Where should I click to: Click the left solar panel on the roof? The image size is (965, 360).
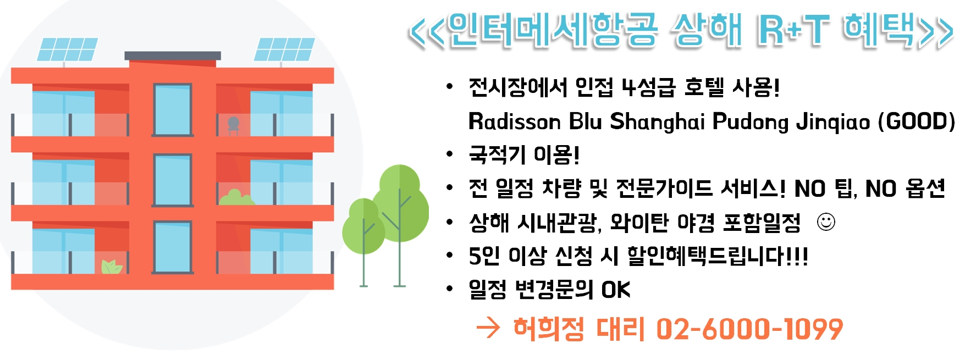click(67, 49)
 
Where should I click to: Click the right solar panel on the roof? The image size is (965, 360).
click(284, 49)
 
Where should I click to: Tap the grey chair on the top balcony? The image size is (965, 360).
click(234, 125)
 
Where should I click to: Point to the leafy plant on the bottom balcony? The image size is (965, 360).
click(112, 267)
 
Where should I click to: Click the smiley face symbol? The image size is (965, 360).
click(826, 222)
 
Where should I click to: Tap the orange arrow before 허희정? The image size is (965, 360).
click(488, 328)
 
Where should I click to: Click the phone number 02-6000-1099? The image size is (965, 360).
click(749, 329)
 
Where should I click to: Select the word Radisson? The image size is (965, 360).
click(514, 121)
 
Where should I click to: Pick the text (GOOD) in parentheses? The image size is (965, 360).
click(917, 121)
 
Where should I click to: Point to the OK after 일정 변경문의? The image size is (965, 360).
click(615, 290)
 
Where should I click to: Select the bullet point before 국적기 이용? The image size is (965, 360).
click(450, 154)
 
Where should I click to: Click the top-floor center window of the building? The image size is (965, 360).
click(173, 110)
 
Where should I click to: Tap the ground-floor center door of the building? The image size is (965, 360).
click(173, 247)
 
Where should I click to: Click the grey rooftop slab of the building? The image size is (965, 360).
click(173, 56)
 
